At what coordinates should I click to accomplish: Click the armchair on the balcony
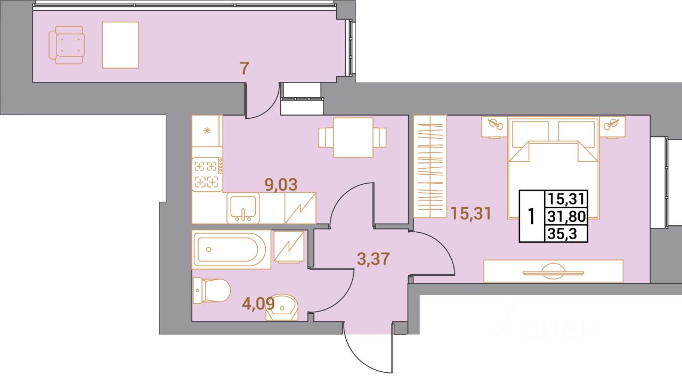[66, 45]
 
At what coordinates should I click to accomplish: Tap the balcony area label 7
[244, 69]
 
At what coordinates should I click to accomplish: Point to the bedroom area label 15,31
[470, 214]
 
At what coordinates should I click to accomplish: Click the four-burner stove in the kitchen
[207, 174]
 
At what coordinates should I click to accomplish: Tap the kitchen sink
[243, 208]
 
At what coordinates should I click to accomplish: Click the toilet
[211, 291]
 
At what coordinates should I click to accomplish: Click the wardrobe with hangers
[429, 166]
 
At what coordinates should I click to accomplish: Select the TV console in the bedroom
[553, 271]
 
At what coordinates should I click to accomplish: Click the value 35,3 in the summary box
[565, 233]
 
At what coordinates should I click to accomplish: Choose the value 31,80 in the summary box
[565, 216]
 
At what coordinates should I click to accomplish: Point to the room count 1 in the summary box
[531, 216]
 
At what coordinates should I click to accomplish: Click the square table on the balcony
[120, 45]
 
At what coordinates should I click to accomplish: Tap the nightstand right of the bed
[613, 126]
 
